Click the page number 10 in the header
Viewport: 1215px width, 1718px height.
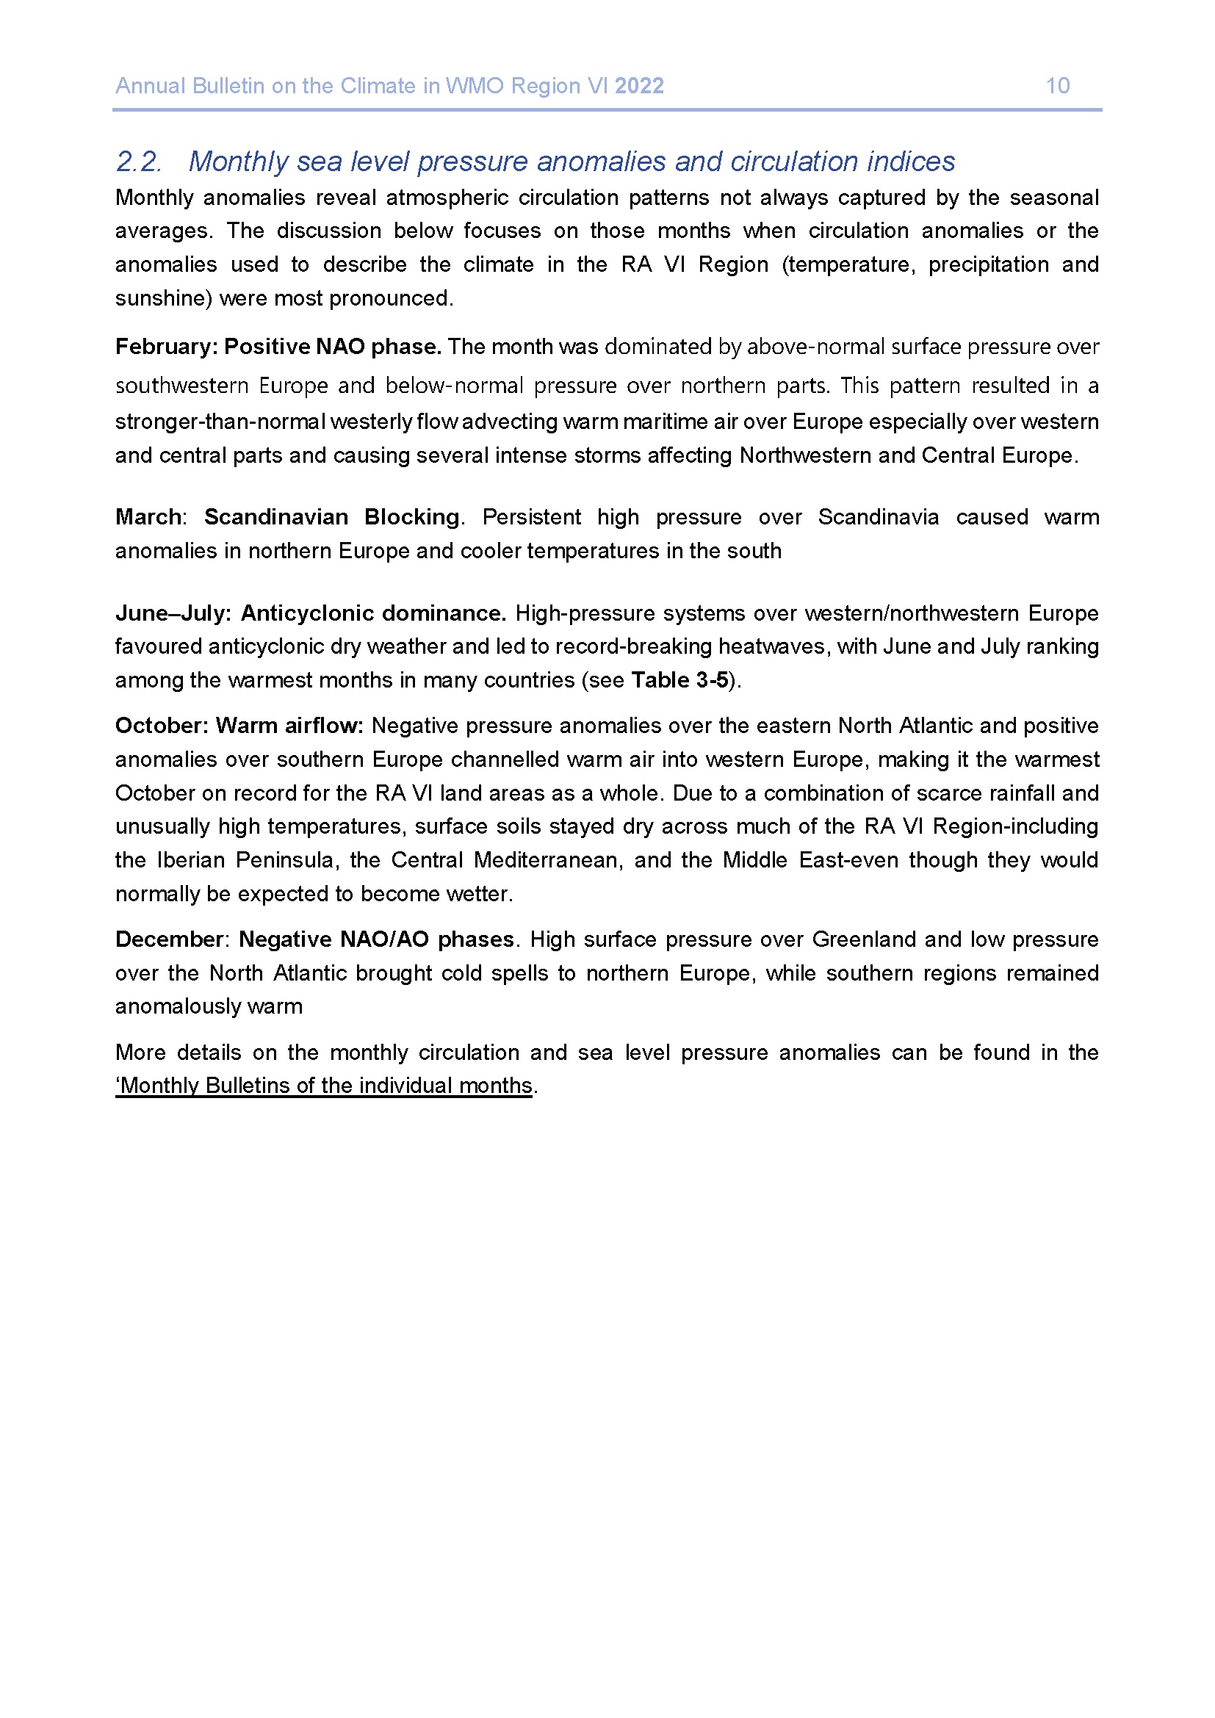[1057, 86]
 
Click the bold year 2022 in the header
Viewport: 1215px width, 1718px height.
[639, 86]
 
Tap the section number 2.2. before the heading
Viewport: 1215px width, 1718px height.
[138, 162]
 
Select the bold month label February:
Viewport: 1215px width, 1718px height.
[166, 347]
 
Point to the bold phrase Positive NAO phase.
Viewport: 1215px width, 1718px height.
[333, 347]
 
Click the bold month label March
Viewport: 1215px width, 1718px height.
[148, 517]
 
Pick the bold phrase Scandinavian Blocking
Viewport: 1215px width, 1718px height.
[331, 517]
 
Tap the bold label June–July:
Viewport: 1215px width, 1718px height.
[173, 613]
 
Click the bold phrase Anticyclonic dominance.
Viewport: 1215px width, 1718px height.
[373, 613]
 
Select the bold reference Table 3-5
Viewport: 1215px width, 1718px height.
[679, 680]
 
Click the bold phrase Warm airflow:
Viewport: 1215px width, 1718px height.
[289, 726]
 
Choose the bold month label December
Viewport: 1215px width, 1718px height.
[169, 940]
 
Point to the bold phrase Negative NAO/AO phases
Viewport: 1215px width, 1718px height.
[376, 940]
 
